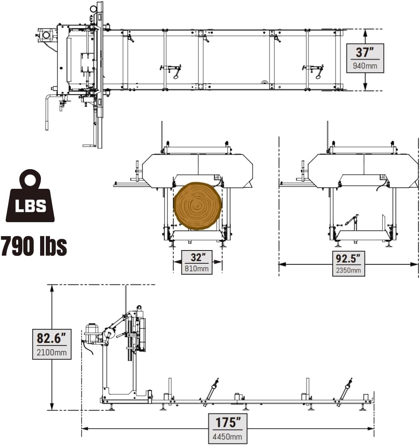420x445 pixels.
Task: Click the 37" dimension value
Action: pyautogui.click(x=365, y=52)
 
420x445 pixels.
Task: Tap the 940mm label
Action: pyautogui.click(x=365, y=66)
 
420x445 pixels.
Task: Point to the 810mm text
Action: pyautogui.click(x=197, y=269)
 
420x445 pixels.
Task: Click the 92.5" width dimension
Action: pyautogui.click(x=348, y=259)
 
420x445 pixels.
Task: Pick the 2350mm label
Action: pyautogui.click(x=348, y=270)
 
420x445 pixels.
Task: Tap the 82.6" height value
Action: pyautogui.click(x=51, y=338)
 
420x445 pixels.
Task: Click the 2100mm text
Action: pyautogui.click(x=51, y=353)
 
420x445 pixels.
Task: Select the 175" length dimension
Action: pyautogui.click(x=228, y=422)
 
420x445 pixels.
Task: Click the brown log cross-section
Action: pyautogui.click(x=197, y=206)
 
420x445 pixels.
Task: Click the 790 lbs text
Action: pyautogui.click(x=34, y=246)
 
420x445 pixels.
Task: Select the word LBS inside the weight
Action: pyautogui.click(x=30, y=206)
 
